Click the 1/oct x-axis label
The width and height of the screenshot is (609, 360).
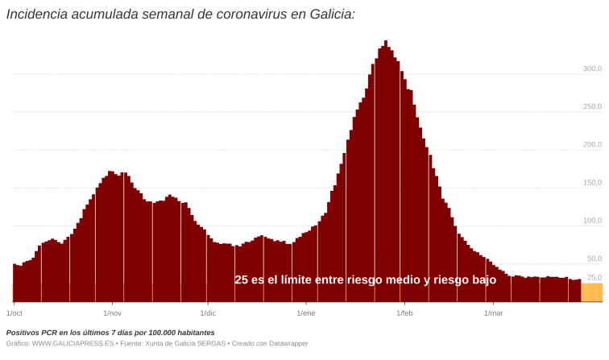pos(14,313)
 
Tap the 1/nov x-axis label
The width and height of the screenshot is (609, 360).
pos(112,313)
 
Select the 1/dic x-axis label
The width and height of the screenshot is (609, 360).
pos(208,313)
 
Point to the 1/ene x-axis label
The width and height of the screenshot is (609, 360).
pos(306,313)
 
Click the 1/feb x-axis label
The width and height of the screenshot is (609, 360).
pos(404,313)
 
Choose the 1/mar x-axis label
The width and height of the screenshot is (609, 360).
pos(493,313)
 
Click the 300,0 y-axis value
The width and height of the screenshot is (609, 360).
pos(592,69)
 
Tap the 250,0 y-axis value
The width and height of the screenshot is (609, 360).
pos(592,107)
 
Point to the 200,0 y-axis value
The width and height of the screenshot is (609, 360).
pos(592,145)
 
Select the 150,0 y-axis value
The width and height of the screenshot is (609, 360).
pos(592,183)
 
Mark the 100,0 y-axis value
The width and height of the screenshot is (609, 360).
pos(592,221)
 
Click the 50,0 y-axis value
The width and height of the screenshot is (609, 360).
pos(594,259)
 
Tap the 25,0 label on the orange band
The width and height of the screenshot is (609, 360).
pos(594,278)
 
